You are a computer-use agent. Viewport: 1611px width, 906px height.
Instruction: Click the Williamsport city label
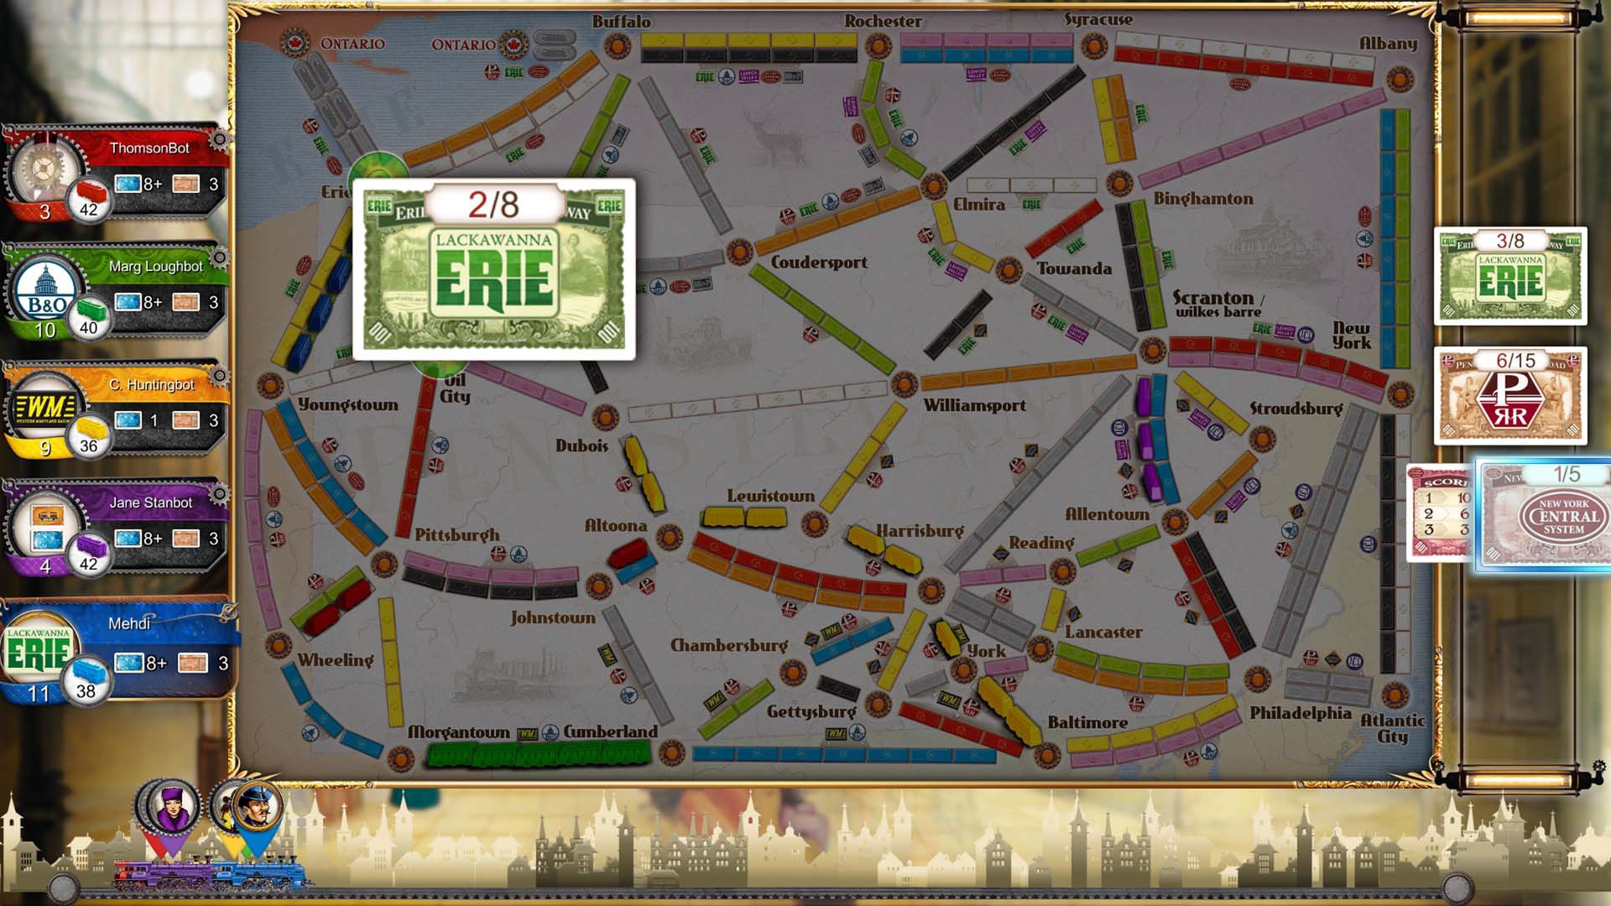974,406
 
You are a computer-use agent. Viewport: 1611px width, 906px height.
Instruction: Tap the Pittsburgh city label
456,534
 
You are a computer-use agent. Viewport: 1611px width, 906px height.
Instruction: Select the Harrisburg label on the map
920,531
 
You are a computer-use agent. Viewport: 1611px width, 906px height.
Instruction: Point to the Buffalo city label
621,22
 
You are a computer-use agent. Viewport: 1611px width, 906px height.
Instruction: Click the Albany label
1388,44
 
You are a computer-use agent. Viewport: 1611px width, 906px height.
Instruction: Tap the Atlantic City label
1392,727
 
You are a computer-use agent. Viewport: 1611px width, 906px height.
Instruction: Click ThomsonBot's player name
149,148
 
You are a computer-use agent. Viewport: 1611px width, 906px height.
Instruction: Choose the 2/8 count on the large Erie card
493,205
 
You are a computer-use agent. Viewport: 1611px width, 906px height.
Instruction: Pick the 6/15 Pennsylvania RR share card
1510,396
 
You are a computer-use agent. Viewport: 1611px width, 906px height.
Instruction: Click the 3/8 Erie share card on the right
1510,277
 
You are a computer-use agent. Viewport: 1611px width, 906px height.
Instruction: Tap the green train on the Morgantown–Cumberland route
537,753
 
